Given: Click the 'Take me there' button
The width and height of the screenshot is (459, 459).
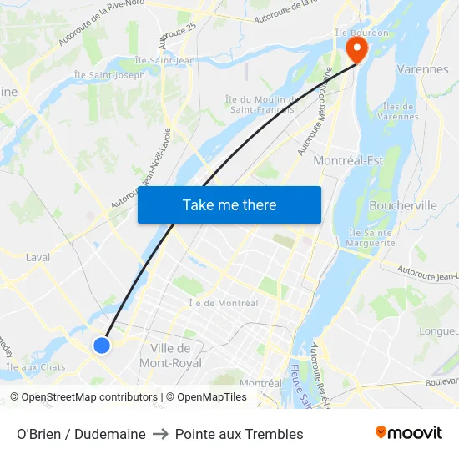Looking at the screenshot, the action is [229, 204].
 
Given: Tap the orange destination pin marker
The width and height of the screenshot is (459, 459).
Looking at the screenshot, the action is [356, 50].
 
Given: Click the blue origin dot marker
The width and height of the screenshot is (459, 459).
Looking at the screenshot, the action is [102, 345].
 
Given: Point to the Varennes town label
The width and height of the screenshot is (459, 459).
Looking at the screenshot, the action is [422, 69].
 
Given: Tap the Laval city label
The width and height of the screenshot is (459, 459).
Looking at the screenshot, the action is [38, 257].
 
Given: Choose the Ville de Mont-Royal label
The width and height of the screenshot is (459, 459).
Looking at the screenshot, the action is [170, 356].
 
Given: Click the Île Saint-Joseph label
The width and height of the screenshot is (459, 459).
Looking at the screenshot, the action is [109, 75].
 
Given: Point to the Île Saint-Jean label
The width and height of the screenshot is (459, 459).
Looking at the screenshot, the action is [168, 60].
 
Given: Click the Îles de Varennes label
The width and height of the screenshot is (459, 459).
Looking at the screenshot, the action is [397, 111].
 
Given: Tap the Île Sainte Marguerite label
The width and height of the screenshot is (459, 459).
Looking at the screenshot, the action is [371, 238].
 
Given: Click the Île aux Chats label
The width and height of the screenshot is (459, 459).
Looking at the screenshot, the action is [36, 366].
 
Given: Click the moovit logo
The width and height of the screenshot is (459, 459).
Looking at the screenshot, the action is [409, 432].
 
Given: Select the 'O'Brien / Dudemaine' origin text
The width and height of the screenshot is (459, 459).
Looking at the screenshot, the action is [81, 434].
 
